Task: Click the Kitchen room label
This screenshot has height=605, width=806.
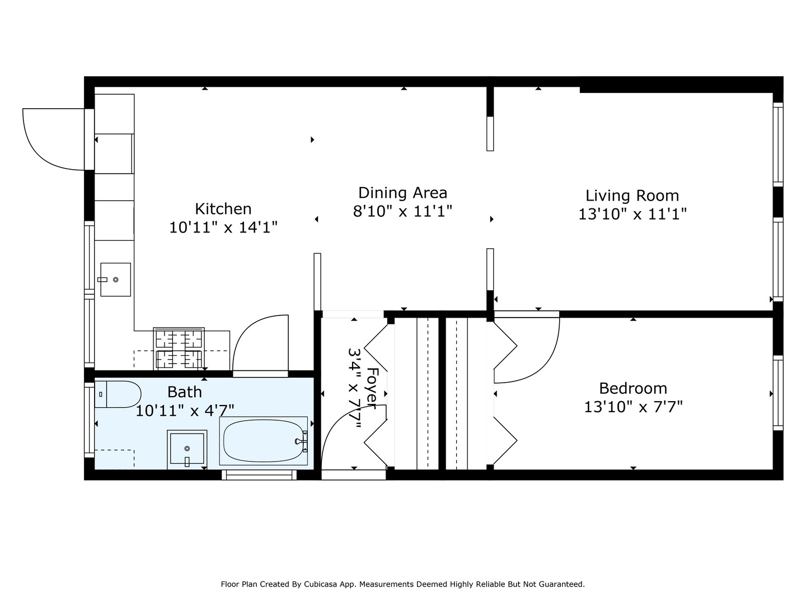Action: coord(223,208)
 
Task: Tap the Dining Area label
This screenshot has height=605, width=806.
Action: coord(402,193)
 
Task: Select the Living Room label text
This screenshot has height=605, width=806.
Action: coord(632,196)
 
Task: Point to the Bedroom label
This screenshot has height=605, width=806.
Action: coord(632,388)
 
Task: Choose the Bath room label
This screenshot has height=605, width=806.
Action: coord(185,392)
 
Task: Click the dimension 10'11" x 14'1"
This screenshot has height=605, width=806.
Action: coord(223,227)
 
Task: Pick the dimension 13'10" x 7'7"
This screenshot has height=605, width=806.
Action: coord(633,407)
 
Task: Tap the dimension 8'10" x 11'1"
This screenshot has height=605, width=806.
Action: coord(402,211)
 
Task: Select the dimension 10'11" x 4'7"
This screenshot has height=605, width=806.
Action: coord(185,411)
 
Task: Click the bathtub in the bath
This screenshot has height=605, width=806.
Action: coord(264,441)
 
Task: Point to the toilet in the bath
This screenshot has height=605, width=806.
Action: coord(118,394)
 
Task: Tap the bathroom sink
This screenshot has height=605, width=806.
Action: coord(187,449)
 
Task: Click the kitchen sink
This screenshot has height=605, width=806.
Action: coord(115,279)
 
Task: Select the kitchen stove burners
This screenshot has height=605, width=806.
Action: coord(179,348)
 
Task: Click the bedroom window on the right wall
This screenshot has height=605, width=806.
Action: coord(777,393)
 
